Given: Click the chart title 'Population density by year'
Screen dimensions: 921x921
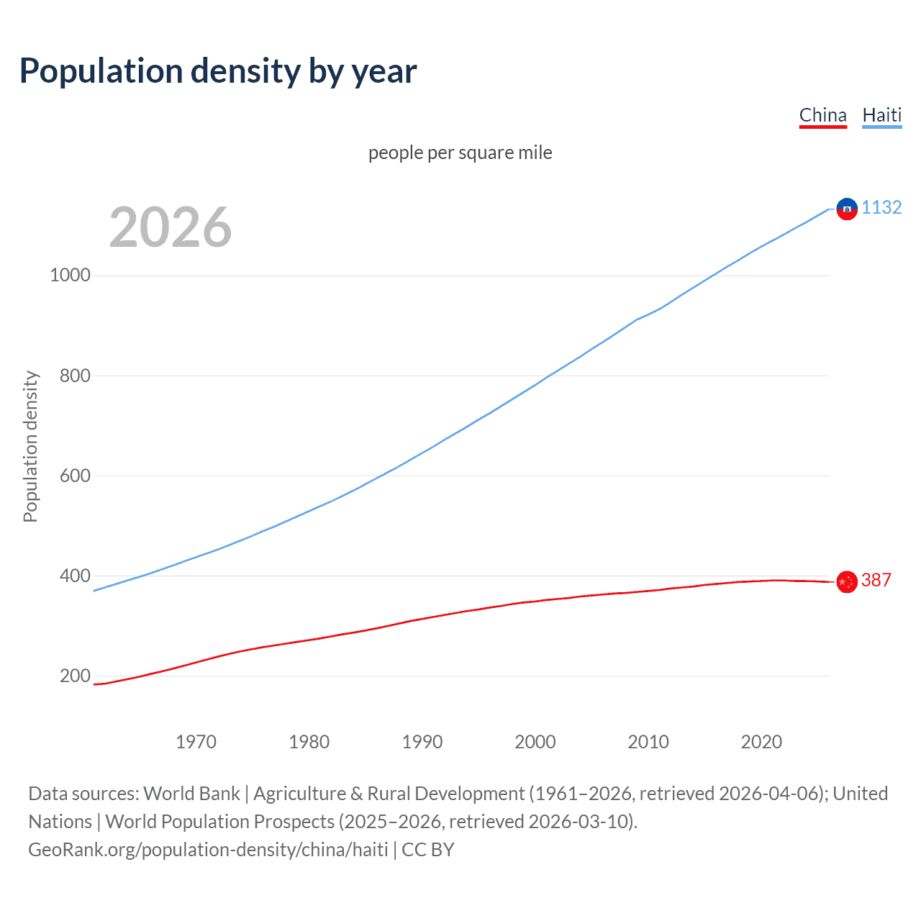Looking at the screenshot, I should [218, 71].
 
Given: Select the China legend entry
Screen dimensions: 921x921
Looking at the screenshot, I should [822, 115].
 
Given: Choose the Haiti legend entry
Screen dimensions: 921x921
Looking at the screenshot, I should [881, 115].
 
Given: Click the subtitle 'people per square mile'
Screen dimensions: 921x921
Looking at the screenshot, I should [460, 153].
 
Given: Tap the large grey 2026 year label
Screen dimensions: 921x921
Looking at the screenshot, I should [171, 227].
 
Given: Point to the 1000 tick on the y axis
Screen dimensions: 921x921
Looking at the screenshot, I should [70, 276].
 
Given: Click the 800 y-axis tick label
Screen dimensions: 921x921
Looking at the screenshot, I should [70, 376].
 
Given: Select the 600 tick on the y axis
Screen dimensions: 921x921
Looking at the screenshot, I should [70, 476].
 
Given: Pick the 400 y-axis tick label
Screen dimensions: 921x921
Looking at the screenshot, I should [70, 576].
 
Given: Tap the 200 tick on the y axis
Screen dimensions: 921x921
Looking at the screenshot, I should [75, 676].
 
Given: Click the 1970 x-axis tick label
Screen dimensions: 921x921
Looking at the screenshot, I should [196, 742].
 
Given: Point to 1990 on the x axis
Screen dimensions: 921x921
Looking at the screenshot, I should [422, 742].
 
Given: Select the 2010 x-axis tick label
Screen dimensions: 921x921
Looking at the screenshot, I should [648, 742].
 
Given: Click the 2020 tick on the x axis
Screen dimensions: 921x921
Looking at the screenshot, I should [761, 742].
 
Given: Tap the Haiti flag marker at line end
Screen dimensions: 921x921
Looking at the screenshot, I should [847, 209].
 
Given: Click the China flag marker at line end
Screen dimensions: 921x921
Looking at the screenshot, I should [847, 581].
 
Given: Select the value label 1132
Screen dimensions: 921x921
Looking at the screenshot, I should [881, 207].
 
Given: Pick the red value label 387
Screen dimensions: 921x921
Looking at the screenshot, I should [876, 580].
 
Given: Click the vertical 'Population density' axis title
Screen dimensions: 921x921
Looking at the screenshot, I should [30, 446].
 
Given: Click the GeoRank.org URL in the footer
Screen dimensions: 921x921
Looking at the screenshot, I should [208, 850].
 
